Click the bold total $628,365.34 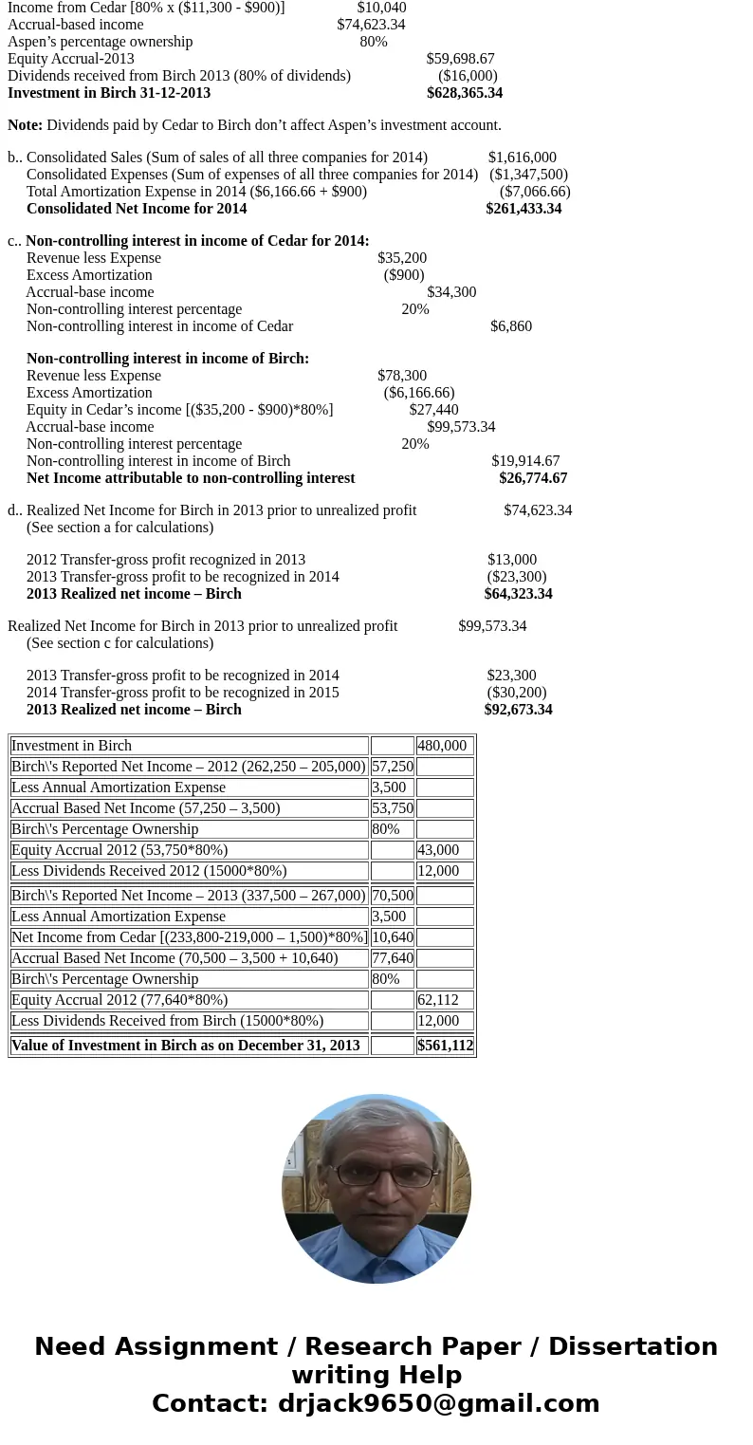click(x=464, y=93)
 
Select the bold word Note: click(x=25, y=125)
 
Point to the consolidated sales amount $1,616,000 click(x=522, y=157)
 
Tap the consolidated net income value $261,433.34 click(x=523, y=209)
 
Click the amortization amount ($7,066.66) click(x=535, y=192)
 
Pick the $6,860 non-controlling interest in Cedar click(x=511, y=326)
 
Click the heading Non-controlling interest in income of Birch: click(x=168, y=359)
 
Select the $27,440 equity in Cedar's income click(x=433, y=410)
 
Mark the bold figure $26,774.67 click(x=533, y=478)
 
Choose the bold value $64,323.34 click(x=518, y=594)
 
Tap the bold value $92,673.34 click(x=518, y=710)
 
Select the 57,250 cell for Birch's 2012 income click(x=393, y=767)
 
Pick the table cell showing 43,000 click(x=438, y=850)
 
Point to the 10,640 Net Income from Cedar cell click(x=393, y=937)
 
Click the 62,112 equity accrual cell click(x=438, y=1000)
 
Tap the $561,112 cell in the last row click(x=445, y=1046)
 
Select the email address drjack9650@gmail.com click(x=438, y=1403)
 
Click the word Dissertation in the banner click(x=633, y=1346)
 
